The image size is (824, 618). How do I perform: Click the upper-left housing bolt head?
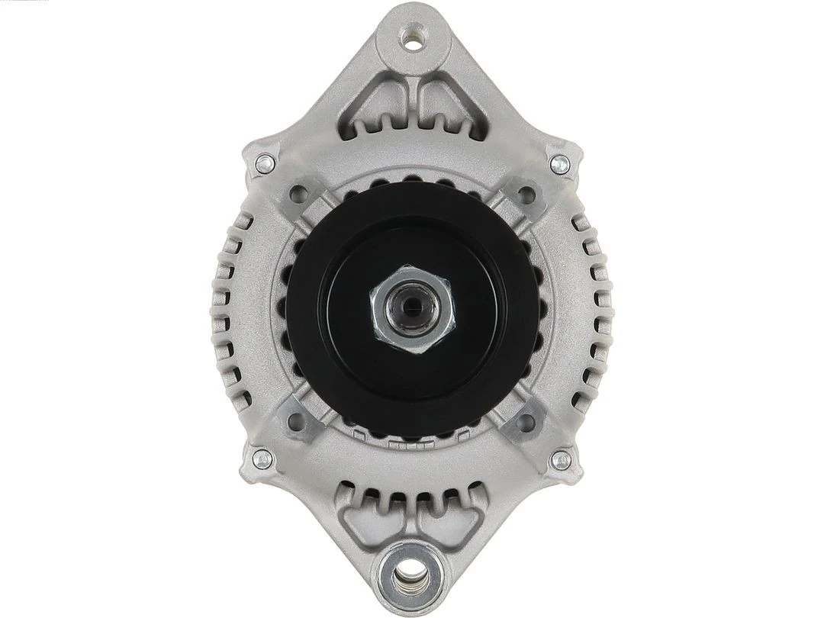click(265, 163)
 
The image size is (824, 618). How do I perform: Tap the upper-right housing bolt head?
click(559, 163)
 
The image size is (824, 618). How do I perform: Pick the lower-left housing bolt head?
click(262, 459)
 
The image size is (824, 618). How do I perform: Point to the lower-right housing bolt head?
click(560, 459)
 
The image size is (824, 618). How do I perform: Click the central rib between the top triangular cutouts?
click(413, 99)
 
